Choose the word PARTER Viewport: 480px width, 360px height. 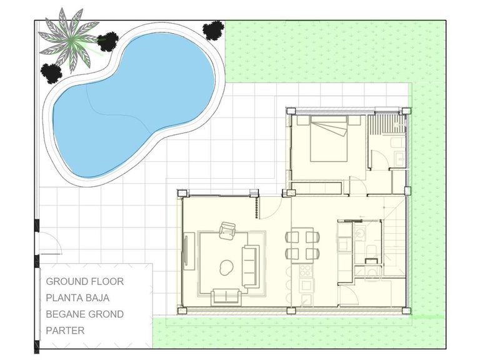(64, 330)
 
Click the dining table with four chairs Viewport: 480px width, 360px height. (303, 245)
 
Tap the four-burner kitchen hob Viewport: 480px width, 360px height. (306, 271)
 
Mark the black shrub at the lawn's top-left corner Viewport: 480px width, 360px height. (214, 29)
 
